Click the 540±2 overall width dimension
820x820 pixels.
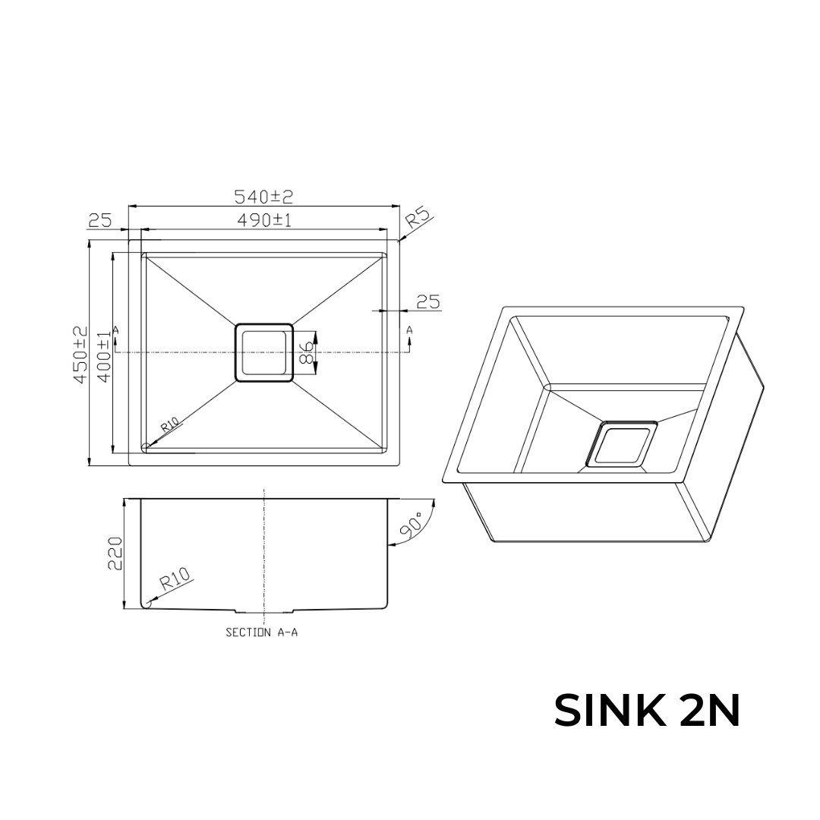click(x=263, y=197)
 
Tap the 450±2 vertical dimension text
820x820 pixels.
click(x=80, y=355)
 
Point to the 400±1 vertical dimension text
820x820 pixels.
click(x=104, y=355)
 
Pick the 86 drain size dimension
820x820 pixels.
click(x=307, y=354)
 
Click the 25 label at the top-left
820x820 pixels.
click(x=100, y=221)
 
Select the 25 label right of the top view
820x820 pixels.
click(x=428, y=301)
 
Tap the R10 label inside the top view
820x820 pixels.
click(x=169, y=425)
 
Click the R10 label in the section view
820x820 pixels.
click(x=175, y=580)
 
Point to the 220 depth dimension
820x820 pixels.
click(x=115, y=555)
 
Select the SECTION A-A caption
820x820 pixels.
click(x=262, y=632)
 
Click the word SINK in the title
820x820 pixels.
click(x=607, y=711)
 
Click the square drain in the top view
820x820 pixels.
click(x=263, y=352)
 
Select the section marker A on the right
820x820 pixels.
click(x=409, y=330)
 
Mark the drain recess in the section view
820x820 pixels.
click(x=264, y=610)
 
